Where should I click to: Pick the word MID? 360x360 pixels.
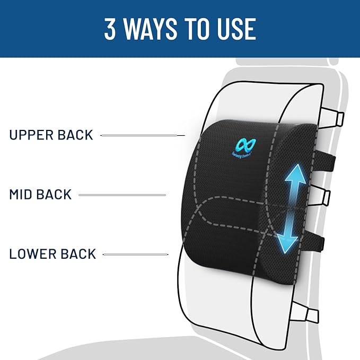[x=23, y=194]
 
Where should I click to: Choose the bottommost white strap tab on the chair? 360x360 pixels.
[x=312, y=315]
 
